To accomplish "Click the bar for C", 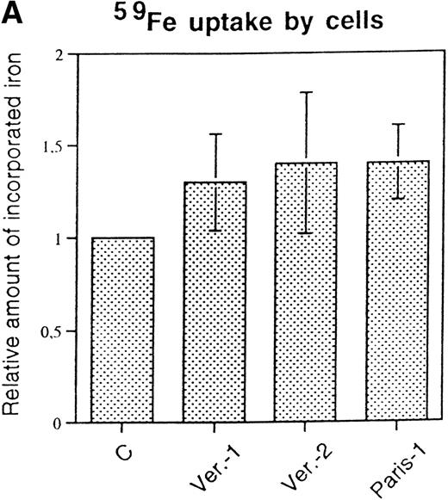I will pyautogui.click(x=123, y=330).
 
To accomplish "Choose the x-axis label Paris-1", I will pyautogui.click(x=381, y=467).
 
